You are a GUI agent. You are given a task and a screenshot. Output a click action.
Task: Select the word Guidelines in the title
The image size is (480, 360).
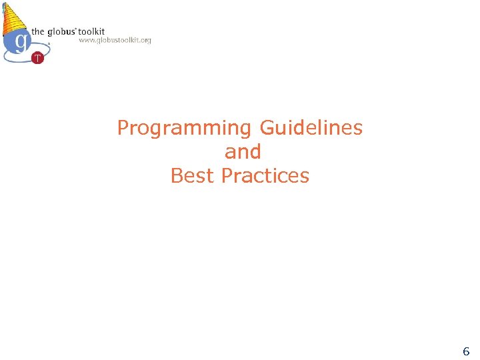[311, 127]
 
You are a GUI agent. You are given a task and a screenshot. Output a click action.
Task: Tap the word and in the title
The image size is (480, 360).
[242, 152]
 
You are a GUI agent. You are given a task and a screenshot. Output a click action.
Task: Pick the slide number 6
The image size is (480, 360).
[466, 351]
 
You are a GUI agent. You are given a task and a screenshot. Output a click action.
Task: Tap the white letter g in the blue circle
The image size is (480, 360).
[21, 41]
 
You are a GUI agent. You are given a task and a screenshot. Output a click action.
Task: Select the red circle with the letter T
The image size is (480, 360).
[37, 58]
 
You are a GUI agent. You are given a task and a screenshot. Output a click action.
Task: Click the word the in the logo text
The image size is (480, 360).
[38, 31]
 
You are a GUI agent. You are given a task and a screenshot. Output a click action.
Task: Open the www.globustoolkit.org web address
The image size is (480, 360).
[115, 40]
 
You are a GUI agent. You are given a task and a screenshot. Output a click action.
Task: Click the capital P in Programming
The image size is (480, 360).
[123, 127]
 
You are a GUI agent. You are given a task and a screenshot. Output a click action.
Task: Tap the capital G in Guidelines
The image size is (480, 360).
[267, 127]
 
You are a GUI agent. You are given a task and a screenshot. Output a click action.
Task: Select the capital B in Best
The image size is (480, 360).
[177, 176]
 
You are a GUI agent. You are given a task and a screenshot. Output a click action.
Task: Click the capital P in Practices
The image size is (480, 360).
[227, 176]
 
